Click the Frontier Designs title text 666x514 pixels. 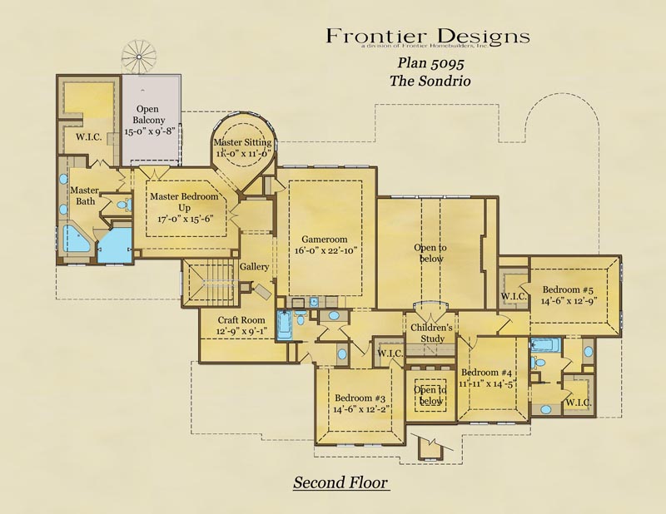point(427,36)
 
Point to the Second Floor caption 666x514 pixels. point(340,482)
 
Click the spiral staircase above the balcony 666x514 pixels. point(139,56)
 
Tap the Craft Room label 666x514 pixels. point(241,320)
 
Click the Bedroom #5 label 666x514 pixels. point(570,290)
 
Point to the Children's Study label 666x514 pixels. point(430,334)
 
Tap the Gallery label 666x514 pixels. point(254,268)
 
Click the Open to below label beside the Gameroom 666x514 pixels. point(430,253)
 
